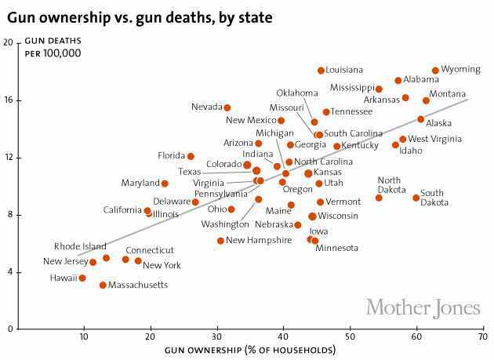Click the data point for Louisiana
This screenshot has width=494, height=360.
tap(321, 71)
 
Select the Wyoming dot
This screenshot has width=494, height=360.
tap(435, 71)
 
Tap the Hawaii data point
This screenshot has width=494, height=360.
tap(82, 278)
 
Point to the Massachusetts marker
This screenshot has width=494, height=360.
tap(103, 285)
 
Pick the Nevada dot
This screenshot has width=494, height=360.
tap(227, 107)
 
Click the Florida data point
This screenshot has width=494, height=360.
tap(191, 156)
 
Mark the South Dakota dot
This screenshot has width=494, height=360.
tap(416, 198)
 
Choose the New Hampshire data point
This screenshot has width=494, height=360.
tap(220, 241)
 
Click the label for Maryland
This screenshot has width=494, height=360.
tap(140, 184)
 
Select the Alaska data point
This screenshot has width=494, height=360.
tap(420, 119)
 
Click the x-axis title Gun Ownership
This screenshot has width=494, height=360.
tap(247, 351)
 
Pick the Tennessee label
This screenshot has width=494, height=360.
tap(351, 111)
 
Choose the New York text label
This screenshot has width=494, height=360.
tap(162, 265)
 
